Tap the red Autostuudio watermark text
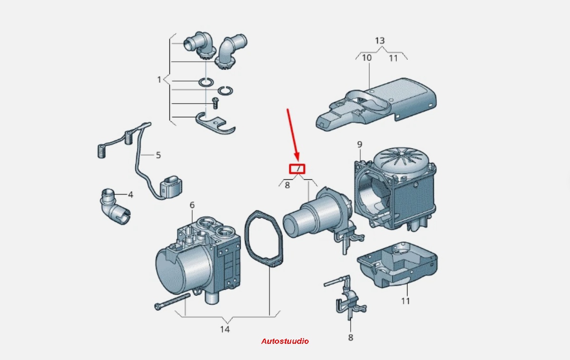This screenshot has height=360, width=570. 285,341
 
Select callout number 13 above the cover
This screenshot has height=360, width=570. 380,40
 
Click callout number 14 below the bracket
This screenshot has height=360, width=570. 225,329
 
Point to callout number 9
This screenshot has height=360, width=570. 360,144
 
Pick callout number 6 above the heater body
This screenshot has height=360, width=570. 192,205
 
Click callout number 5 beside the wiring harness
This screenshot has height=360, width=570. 158,155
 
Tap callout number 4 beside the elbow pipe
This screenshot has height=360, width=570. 130,195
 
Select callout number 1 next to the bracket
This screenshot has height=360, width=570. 159,79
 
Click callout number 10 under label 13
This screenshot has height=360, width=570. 367,58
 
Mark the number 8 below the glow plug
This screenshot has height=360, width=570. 351,338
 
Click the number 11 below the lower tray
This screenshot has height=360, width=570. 405,301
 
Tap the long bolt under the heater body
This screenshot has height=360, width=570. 172,302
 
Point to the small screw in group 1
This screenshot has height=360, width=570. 215,103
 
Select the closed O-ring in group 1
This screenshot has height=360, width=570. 206,82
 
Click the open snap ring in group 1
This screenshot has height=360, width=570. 226,91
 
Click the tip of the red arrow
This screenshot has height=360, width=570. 298,161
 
